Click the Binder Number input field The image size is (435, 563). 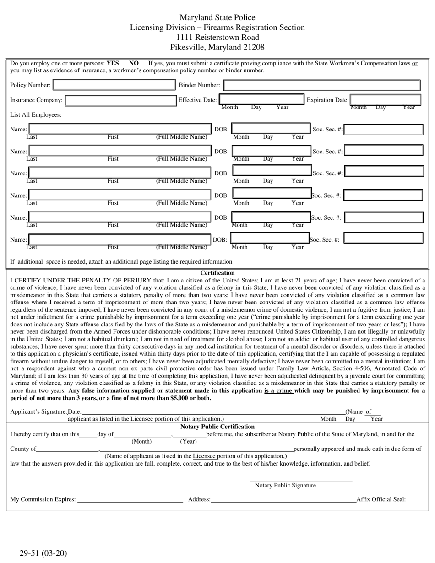322,85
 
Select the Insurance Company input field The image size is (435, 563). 120,100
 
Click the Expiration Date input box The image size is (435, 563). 386,100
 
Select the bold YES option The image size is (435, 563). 113,64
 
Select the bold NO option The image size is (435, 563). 134,64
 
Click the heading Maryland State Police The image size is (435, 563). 217,17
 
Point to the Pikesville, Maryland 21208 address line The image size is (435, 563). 217,47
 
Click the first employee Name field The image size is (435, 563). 120,129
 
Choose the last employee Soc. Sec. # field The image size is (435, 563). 383,238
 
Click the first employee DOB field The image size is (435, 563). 271,129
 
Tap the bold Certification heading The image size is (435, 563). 217,273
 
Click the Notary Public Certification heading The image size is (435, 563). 217,427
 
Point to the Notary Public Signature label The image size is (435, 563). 285,486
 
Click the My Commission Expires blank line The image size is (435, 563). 130,499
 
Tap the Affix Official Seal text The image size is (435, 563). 381,499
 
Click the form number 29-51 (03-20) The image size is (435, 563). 43,553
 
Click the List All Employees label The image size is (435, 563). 36,115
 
